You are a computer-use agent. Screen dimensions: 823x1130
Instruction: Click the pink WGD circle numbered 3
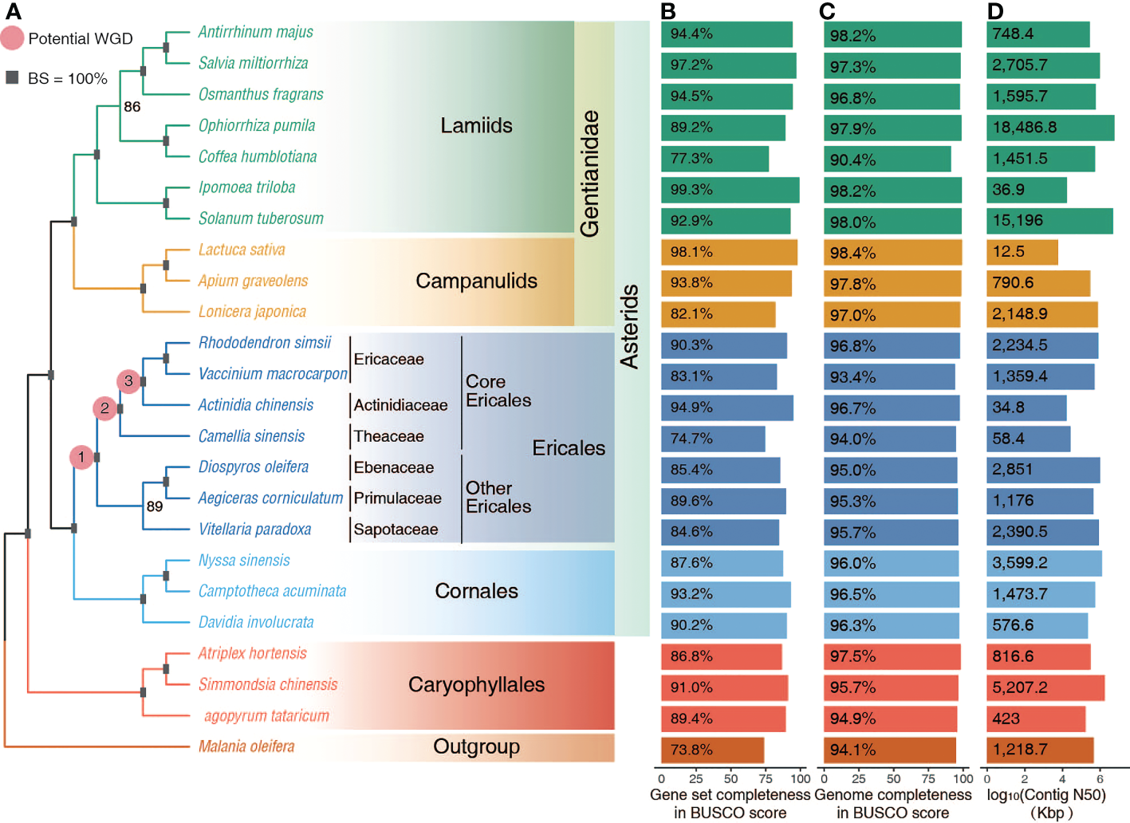coord(128,381)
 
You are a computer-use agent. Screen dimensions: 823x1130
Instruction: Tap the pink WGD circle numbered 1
coord(81,457)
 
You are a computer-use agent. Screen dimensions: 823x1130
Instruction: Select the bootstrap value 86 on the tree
coord(132,107)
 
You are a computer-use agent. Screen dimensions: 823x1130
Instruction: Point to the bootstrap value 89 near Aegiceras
coord(155,506)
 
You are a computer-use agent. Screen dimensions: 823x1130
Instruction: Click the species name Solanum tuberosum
coord(261,219)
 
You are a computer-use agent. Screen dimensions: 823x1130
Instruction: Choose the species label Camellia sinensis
coord(251,436)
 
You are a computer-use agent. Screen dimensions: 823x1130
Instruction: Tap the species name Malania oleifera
coord(246,746)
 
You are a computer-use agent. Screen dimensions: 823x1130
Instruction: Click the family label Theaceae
coord(388,436)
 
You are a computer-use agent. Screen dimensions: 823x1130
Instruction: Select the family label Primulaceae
coord(397,498)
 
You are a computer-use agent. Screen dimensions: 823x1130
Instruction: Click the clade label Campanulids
coord(476,281)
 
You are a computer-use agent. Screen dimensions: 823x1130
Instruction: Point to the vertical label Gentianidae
coord(589,173)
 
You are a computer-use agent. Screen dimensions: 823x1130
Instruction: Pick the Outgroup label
coord(476,746)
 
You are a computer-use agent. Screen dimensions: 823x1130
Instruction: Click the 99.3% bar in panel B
coord(730,190)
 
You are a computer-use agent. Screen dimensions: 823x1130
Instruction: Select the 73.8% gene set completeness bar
coord(712,750)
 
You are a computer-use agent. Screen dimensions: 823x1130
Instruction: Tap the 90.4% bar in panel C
coord(887,159)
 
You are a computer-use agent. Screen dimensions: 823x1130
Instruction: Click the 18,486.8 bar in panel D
coord(1049,128)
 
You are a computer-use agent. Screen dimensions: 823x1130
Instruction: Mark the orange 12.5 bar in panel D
coord(1022,252)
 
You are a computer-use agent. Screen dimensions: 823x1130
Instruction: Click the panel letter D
coord(994,11)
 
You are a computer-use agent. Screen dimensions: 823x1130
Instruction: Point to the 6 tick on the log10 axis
coord(1100,779)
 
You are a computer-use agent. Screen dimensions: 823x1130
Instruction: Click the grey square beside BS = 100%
coord(12,77)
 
